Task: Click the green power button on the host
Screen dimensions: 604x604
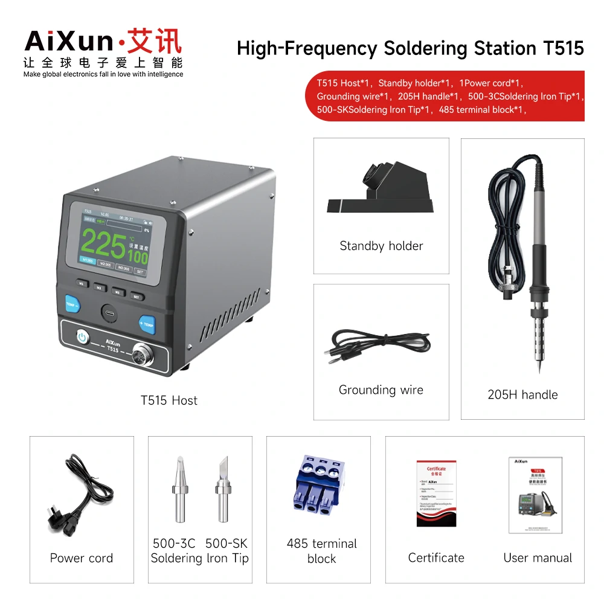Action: [82, 337]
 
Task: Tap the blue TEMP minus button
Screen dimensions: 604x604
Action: [72, 303]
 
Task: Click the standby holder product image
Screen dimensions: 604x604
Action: [381, 190]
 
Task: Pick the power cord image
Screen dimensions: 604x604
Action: [80, 495]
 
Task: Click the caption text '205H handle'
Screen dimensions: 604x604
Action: [522, 395]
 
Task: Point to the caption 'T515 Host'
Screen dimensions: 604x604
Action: [169, 400]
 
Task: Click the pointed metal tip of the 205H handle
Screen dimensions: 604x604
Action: [539, 366]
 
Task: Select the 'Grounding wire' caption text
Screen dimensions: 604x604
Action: [381, 390]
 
